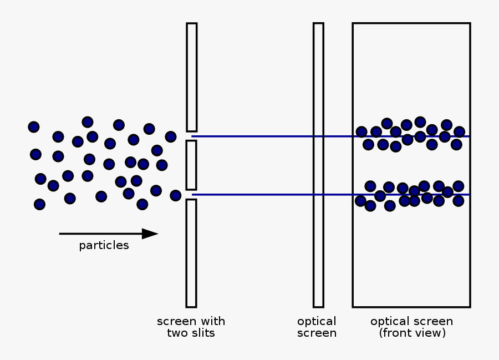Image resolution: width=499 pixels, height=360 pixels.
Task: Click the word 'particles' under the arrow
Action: tap(104, 246)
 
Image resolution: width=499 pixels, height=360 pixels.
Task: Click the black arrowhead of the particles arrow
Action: tap(150, 234)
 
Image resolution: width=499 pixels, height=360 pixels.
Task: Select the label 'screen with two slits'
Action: tap(191, 327)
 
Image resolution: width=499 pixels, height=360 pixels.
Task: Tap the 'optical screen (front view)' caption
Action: tap(411, 327)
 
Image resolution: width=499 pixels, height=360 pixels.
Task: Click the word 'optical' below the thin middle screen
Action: tap(317, 322)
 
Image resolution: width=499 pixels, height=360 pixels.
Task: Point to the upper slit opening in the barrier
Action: tap(191, 136)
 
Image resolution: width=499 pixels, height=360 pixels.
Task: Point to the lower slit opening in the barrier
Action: tap(191, 195)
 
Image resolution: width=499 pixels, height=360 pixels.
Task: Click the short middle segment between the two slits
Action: tap(191, 165)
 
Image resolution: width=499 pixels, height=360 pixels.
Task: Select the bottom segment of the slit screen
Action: tap(191, 253)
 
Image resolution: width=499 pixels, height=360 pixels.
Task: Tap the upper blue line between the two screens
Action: tap(255, 136)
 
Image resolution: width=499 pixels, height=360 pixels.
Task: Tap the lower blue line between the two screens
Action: tap(255, 195)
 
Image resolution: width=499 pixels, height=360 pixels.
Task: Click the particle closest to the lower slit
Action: tap(176, 195)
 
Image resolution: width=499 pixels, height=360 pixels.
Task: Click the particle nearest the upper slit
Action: tap(171, 136)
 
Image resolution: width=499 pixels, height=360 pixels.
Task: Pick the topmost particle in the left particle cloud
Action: tap(88, 122)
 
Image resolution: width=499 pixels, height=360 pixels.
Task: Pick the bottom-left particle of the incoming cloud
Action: tap(39, 204)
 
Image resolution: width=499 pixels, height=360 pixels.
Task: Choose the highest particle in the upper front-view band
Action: tap(420, 121)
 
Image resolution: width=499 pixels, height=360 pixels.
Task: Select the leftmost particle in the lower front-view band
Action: tap(360, 201)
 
